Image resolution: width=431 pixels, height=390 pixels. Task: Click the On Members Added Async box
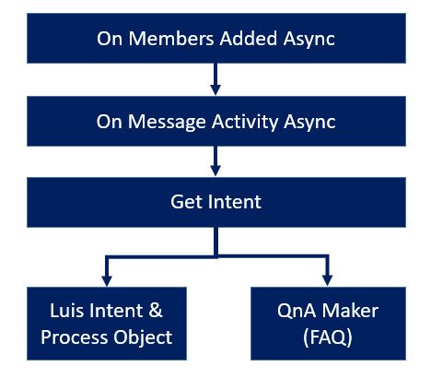(x=215, y=39)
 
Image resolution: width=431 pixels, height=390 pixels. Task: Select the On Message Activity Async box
(x=215, y=120)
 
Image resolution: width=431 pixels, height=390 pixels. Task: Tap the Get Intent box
(x=215, y=202)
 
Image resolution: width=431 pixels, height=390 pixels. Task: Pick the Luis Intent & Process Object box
(x=107, y=324)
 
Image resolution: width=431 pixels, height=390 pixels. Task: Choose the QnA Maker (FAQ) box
(x=328, y=324)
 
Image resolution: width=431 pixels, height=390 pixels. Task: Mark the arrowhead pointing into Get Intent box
(x=215, y=171)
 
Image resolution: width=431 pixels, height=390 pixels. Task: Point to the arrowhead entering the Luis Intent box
(x=107, y=280)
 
